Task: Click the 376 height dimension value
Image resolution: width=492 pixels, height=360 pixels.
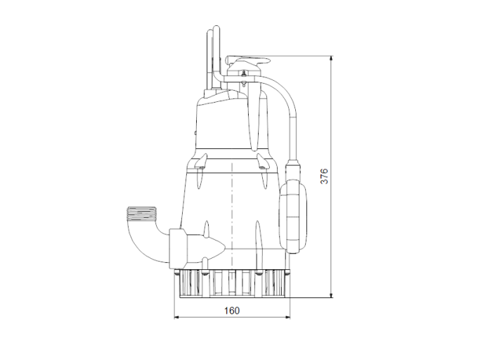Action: pyautogui.click(x=324, y=176)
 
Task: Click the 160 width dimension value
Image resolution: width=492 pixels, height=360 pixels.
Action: pyautogui.click(x=232, y=311)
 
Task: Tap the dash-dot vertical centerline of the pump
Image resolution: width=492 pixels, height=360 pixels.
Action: pyautogui.click(x=231, y=211)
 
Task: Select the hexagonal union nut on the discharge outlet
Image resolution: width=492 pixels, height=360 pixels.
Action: pyautogui.click(x=179, y=247)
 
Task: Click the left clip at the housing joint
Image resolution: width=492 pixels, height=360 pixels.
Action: pyautogui.click(x=201, y=166)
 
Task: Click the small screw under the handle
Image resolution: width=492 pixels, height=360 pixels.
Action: pyautogui.click(x=242, y=84)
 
